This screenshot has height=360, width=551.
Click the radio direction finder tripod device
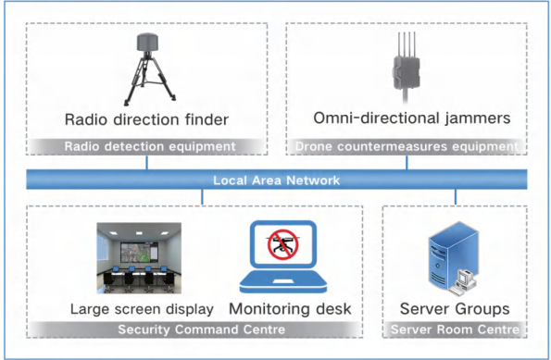(x=147, y=70)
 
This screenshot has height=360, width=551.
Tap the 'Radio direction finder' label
(x=146, y=118)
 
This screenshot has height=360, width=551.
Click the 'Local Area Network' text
(x=276, y=180)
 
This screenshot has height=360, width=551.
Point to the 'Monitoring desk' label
(x=289, y=308)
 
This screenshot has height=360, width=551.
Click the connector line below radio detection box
(x=146, y=162)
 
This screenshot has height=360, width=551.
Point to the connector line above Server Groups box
(x=455, y=197)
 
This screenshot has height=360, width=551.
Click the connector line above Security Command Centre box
(x=203, y=197)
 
